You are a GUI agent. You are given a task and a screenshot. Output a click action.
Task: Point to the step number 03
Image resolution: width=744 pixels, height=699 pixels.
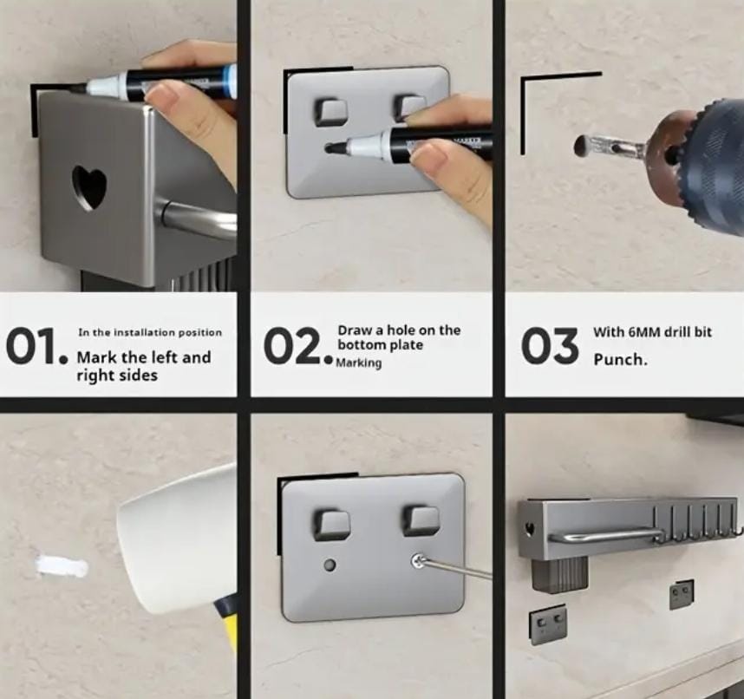(550, 345)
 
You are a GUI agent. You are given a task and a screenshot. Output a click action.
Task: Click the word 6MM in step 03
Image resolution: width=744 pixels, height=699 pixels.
(646, 332)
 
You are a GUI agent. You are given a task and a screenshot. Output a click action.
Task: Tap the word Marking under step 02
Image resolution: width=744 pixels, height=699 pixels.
(359, 363)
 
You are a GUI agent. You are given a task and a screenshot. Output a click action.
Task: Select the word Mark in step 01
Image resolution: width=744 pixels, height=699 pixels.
(94, 356)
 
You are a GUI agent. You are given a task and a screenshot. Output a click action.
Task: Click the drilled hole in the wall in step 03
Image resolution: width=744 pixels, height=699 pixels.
(580, 147)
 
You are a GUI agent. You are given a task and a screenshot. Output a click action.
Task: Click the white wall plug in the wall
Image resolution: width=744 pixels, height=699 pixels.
(62, 565)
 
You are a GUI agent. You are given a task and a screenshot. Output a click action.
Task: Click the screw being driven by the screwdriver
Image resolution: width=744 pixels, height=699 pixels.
(418, 561)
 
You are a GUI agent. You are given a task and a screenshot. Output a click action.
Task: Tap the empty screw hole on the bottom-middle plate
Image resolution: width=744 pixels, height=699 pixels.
(330, 565)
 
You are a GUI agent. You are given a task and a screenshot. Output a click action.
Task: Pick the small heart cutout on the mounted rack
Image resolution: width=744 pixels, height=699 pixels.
(530, 528)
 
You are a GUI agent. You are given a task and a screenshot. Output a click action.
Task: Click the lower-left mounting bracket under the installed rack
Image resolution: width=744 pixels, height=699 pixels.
(548, 626)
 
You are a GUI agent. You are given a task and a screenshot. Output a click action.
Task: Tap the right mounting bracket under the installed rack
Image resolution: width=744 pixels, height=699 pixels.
(682, 594)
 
